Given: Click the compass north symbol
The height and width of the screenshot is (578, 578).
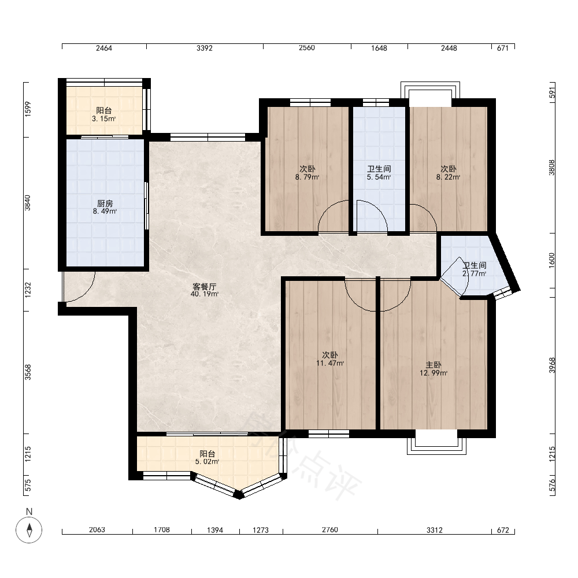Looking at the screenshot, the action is (29, 529).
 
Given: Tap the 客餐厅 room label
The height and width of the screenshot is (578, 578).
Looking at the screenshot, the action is (205, 287).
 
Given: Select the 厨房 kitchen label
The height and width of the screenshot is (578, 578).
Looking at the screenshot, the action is (105, 203).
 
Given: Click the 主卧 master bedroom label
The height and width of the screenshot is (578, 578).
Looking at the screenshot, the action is (433, 365).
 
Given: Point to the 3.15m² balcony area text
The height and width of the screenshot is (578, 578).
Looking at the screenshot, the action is (104, 118).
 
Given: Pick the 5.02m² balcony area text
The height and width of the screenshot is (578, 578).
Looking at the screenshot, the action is (207, 461).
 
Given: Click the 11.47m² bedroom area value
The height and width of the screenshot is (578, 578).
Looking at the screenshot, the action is (330, 363).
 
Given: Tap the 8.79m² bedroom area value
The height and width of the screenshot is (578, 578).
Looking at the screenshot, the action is (307, 177).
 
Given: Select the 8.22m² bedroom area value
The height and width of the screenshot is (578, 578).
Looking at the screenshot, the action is (449, 177).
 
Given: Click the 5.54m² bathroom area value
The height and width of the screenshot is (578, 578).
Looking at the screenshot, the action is (379, 177).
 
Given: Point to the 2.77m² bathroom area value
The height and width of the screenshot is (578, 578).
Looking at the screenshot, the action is (475, 273).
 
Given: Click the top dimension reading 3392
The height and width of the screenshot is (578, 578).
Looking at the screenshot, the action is (205, 48).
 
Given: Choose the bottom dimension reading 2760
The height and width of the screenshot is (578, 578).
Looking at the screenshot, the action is (330, 529).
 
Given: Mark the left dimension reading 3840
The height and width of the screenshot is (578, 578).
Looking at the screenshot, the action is (28, 203).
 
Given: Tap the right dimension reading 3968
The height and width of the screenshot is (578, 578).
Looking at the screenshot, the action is (552, 365).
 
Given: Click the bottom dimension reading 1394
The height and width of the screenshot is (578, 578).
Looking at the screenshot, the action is (215, 530).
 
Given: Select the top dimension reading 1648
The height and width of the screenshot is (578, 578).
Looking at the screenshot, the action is (379, 48).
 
